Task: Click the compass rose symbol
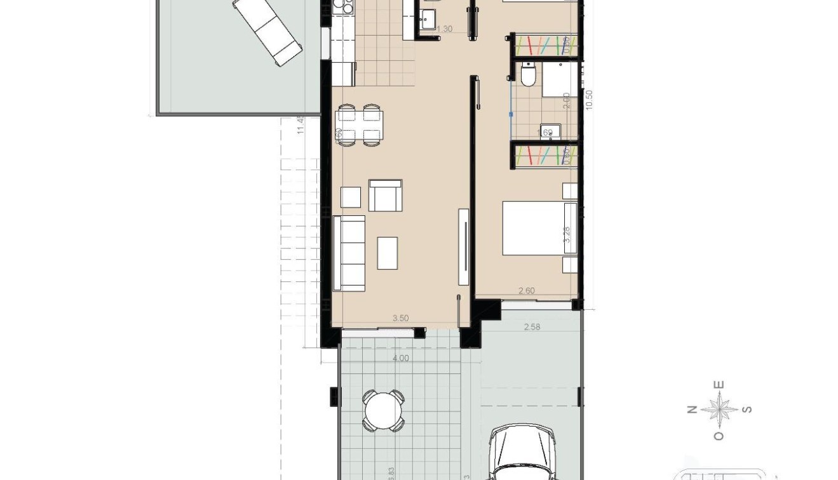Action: (x=719, y=410)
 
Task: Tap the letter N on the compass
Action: (x=692, y=410)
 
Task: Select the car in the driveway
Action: (x=523, y=454)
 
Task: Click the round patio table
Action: (x=384, y=411)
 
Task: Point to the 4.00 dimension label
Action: (x=401, y=358)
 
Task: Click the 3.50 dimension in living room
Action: (x=400, y=319)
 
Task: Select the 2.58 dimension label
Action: (x=532, y=327)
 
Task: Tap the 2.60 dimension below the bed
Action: (x=527, y=291)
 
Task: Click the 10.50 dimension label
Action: (x=588, y=100)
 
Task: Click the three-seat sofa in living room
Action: (x=349, y=253)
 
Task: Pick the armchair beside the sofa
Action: (x=385, y=196)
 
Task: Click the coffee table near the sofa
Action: (x=388, y=253)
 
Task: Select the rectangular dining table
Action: (x=360, y=124)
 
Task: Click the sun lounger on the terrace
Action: (x=267, y=30)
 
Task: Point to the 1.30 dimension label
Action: (x=445, y=29)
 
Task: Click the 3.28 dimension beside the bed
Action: (x=567, y=233)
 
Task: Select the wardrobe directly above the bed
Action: (x=545, y=156)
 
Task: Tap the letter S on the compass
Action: (x=747, y=410)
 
